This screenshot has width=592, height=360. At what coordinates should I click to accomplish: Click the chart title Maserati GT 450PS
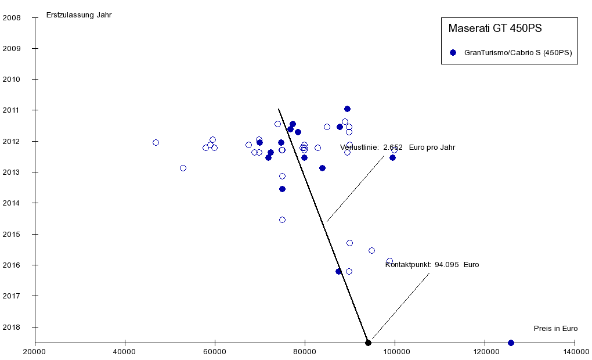[x=495, y=28]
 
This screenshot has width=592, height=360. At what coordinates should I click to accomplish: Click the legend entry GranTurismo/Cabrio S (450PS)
[x=518, y=52]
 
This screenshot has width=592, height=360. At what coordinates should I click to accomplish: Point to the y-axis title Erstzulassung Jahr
[x=79, y=15]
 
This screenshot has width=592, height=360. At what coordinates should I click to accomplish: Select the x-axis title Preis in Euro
[x=555, y=329]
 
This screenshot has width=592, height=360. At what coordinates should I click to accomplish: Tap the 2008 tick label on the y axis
[x=12, y=18]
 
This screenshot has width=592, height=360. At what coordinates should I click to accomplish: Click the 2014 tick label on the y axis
[x=12, y=203]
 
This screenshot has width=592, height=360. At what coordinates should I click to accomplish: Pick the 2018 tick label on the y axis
[x=12, y=327]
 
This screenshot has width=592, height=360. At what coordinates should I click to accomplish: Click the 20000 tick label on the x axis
[x=35, y=352]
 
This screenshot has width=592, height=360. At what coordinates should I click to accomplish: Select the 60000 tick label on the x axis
[x=215, y=352]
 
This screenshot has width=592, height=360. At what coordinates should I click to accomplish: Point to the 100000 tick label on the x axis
[x=395, y=352]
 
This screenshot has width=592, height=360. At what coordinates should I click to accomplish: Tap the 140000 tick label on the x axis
[x=575, y=352]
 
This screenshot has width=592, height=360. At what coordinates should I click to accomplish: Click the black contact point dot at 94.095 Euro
[x=368, y=343]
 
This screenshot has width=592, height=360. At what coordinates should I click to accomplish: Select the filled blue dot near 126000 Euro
[x=511, y=343]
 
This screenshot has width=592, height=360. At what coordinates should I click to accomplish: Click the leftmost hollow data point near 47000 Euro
[x=156, y=142]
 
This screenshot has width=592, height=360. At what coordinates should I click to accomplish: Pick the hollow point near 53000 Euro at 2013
[x=183, y=168]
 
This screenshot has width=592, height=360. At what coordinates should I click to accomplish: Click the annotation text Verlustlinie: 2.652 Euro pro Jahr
[x=398, y=147]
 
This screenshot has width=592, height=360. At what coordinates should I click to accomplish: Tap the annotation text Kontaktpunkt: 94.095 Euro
[x=432, y=265]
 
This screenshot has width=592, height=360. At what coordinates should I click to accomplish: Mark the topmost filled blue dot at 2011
[x=347, y=109]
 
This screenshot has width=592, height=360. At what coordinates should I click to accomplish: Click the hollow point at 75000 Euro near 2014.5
[x=282, y=219]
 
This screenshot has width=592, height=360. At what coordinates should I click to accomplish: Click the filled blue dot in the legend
[x=453, y=52]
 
